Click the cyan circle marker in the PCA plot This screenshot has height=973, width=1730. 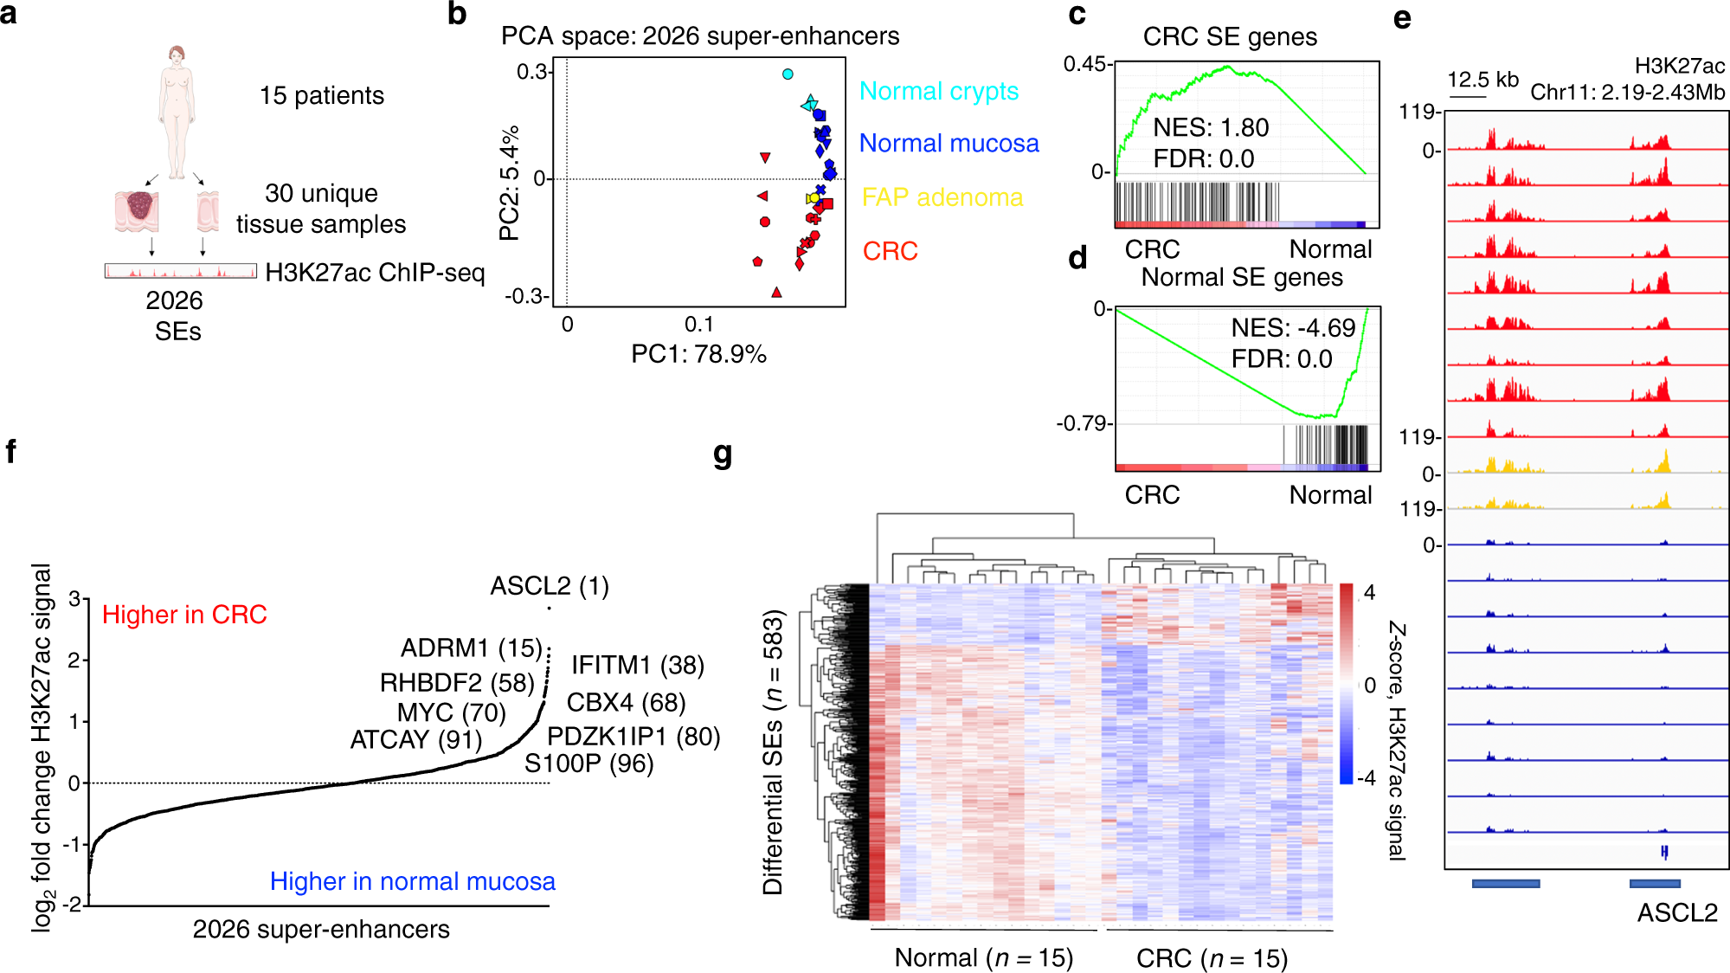(788, 74)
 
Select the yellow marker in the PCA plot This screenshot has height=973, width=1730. (814, 198)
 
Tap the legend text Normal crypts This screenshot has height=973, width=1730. (938, 91)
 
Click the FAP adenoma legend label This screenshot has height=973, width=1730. (942, 197)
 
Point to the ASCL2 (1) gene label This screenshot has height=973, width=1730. (550, 586)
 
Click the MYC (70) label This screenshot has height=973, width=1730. (451, 712)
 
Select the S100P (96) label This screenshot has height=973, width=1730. (588, 764)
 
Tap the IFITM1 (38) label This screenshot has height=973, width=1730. (638, 665)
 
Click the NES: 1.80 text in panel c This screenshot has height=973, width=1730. (1211, 128)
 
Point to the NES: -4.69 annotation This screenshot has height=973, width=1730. (1293, 328)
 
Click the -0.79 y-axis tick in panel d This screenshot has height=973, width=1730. (1082, 423)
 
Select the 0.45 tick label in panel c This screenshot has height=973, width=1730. (1084, 64)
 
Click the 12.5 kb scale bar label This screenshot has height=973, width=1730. (1482, 80)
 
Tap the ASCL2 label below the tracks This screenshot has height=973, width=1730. (1676, 912)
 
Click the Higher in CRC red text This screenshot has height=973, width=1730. (184, 615)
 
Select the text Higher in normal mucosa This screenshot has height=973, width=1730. (412, 881)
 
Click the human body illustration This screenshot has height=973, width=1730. (177, 113)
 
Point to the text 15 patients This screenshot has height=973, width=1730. (322, 95)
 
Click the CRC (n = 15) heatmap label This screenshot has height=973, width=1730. (1212, 958)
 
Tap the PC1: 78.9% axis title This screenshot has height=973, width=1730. (698, 354)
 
